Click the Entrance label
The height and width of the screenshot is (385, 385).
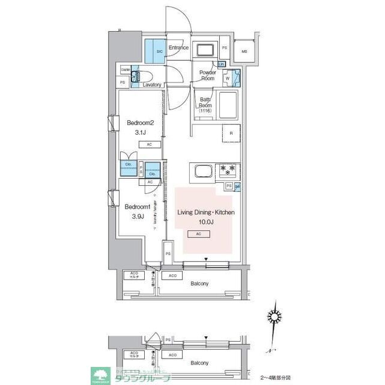click(178, 48)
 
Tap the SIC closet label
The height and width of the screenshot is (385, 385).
click(160, 51)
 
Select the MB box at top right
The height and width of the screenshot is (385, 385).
click(243, 51)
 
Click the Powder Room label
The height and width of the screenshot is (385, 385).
click(208, 75)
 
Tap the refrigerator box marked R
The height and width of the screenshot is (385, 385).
click(231, 133)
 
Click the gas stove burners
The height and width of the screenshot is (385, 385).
click(228, 170)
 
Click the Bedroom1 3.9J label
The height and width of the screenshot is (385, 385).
click(135, 212)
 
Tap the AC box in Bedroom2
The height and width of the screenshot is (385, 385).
click(148, 144)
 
